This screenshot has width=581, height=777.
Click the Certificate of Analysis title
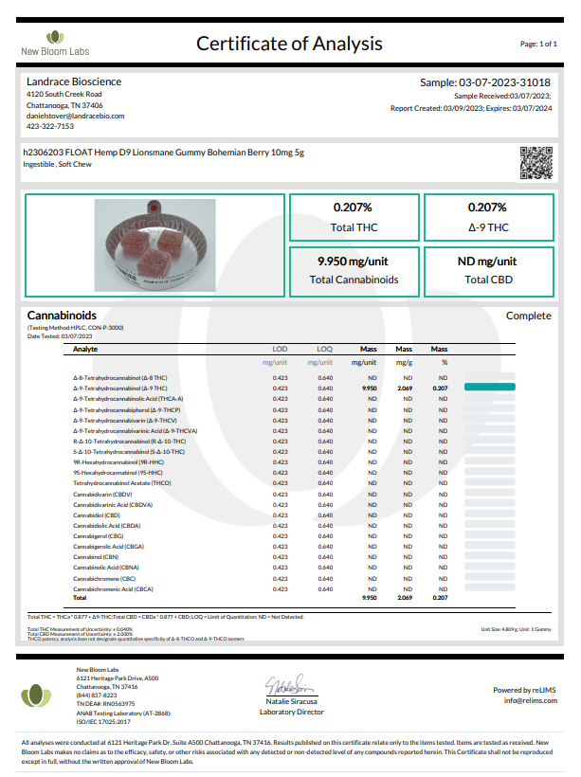coord(289,44)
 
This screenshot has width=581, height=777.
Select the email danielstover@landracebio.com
coord(75,116)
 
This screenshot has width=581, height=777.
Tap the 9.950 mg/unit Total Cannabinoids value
coord(354,261)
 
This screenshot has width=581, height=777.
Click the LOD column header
coord(280,349)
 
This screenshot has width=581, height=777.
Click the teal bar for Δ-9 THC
coord(489,388)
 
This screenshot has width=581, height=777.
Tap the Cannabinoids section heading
coord(62,315)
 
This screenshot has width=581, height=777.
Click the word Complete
coord(528,316)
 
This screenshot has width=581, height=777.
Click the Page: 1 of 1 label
coord(538,45)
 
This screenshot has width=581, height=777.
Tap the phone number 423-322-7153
coord(50,126)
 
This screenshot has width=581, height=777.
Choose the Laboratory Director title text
coord(292,710)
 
